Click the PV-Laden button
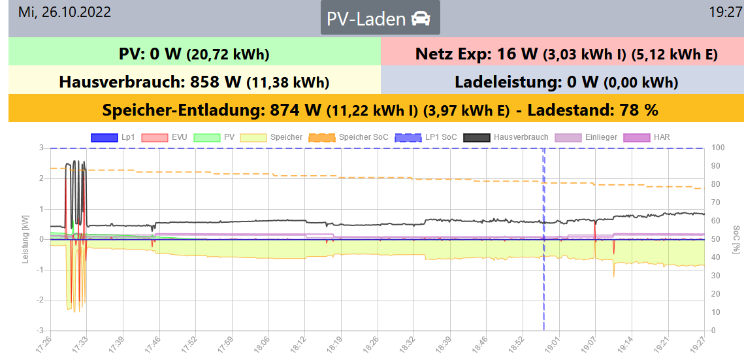[x=380, y=18]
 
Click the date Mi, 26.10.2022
[x=65, y=12]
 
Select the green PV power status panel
[x=194, y=53]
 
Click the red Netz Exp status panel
[x=562, y=53]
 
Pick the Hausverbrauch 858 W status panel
[x=194, y=82]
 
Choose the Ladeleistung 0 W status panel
[x=562, y=82]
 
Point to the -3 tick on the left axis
[x=41, y=331]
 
